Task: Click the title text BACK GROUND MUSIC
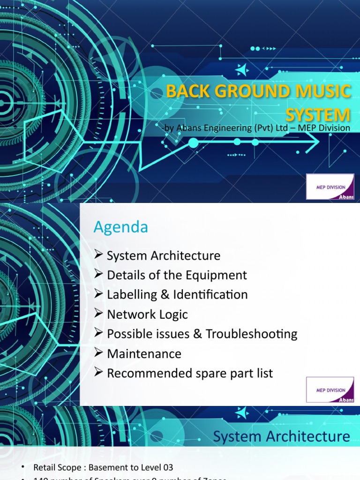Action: tap(258, 91)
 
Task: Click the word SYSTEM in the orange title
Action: tap(318, 114)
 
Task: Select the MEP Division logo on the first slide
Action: tap(330, 187)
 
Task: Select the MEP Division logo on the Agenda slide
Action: tap(330, 389)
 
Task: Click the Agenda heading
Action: tap(120, 227)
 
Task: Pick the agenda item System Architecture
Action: tap(163, 255)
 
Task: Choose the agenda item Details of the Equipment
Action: tap(177, 275)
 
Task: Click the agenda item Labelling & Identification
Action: tap(177, 295)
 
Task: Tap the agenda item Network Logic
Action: tap(147, 314)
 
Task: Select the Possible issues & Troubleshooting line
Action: tap(202, 334)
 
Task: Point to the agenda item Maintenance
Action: tap(144, 353)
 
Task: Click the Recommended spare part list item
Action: tap(190, 373)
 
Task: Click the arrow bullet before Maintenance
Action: tap(98, 353)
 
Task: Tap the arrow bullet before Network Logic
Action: tap(98, 314)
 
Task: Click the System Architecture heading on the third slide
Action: tap(281, 436)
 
